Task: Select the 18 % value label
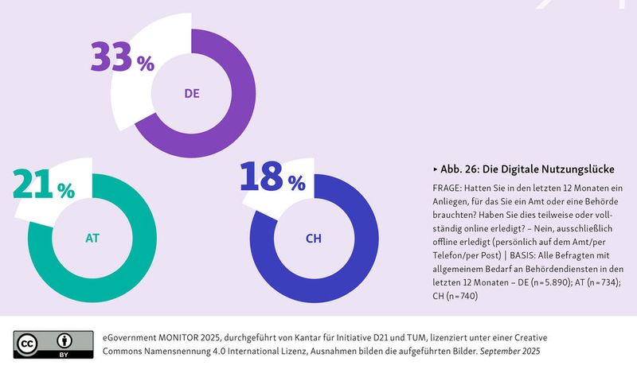(272, 178)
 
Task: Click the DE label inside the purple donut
(192, 93)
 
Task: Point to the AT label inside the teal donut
(92, 238)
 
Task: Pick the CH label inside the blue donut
(313, 238)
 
